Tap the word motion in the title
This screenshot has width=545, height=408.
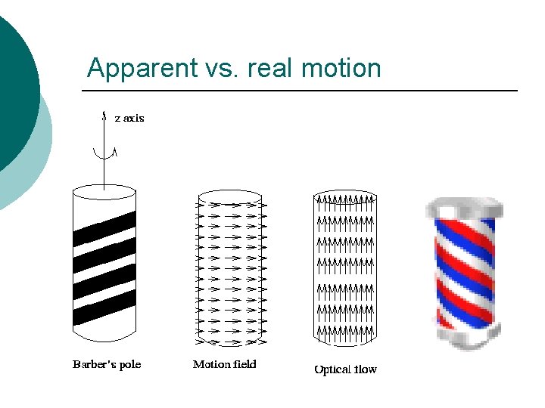(x=341, y=69)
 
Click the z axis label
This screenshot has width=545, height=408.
(x=129, y=118)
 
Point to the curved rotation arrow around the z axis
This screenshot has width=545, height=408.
(x=104, y=153)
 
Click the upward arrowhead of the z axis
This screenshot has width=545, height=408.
(x=104, y=115)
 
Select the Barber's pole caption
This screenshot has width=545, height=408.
(x=107, y=365)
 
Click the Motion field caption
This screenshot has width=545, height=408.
(x=225, y=365)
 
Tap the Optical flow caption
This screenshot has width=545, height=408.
(x=345, y=369)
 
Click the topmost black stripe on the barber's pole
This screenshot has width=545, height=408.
(x=104, y=227)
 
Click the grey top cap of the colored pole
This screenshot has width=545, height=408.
(x=464, y=208)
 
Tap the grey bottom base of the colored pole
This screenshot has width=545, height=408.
(x=464, y=339)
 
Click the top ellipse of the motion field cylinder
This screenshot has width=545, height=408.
(x=231, y=197)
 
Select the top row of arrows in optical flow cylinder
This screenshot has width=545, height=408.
(x=345, y=200)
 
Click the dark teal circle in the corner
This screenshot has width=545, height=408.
(x=15, y=83)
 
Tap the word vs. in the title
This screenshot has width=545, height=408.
(x=213, y=69)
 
